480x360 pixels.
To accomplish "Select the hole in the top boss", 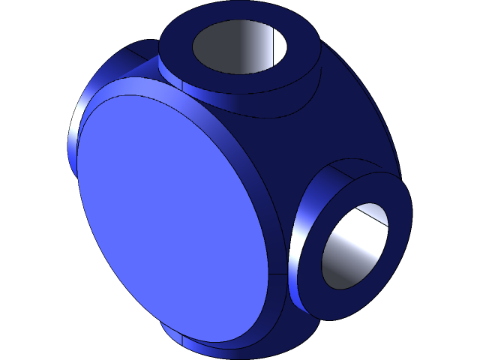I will [x=240, y=46].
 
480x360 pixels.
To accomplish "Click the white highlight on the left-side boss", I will [x=73, y=142].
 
